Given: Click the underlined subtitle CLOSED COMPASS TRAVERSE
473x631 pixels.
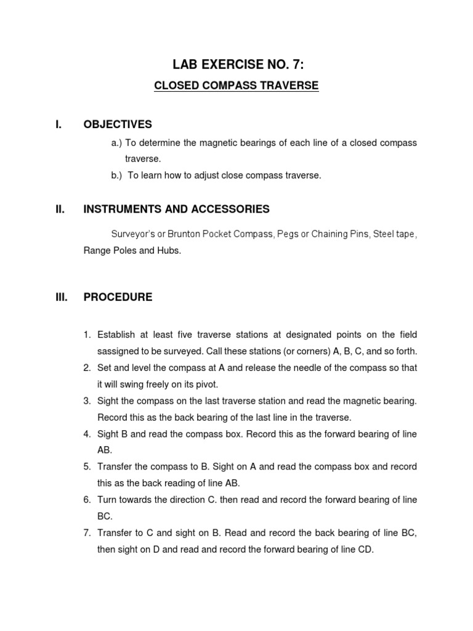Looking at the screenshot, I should pyautogui.click(x=236, y=86).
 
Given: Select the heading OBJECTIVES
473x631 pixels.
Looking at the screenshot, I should pyautogui.click(x=118, y=125).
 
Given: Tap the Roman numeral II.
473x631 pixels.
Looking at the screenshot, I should pyautogui.click(x=60, y=210).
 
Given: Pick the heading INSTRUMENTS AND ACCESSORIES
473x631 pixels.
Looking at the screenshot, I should pyautogui.click(x=176, y=210).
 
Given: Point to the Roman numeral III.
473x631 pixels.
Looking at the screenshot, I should pyautogui.click(x=60, y=297).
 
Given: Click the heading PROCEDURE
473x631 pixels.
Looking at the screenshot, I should pyautogui.click(x=118, y=297).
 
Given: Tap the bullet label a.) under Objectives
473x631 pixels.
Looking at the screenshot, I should pyautogui.click(x=117, y=143).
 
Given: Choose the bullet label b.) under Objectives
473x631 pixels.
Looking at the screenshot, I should pyautogui.click(x=117, y=176).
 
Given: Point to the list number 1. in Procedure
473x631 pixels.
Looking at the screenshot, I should pyautogui.click(x=87, y=335).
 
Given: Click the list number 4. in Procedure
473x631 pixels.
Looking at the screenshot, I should pyautogui.click(x=87, y=434).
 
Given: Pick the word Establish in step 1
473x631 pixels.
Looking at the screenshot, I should pyautogui.click(x=116, y=335).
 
